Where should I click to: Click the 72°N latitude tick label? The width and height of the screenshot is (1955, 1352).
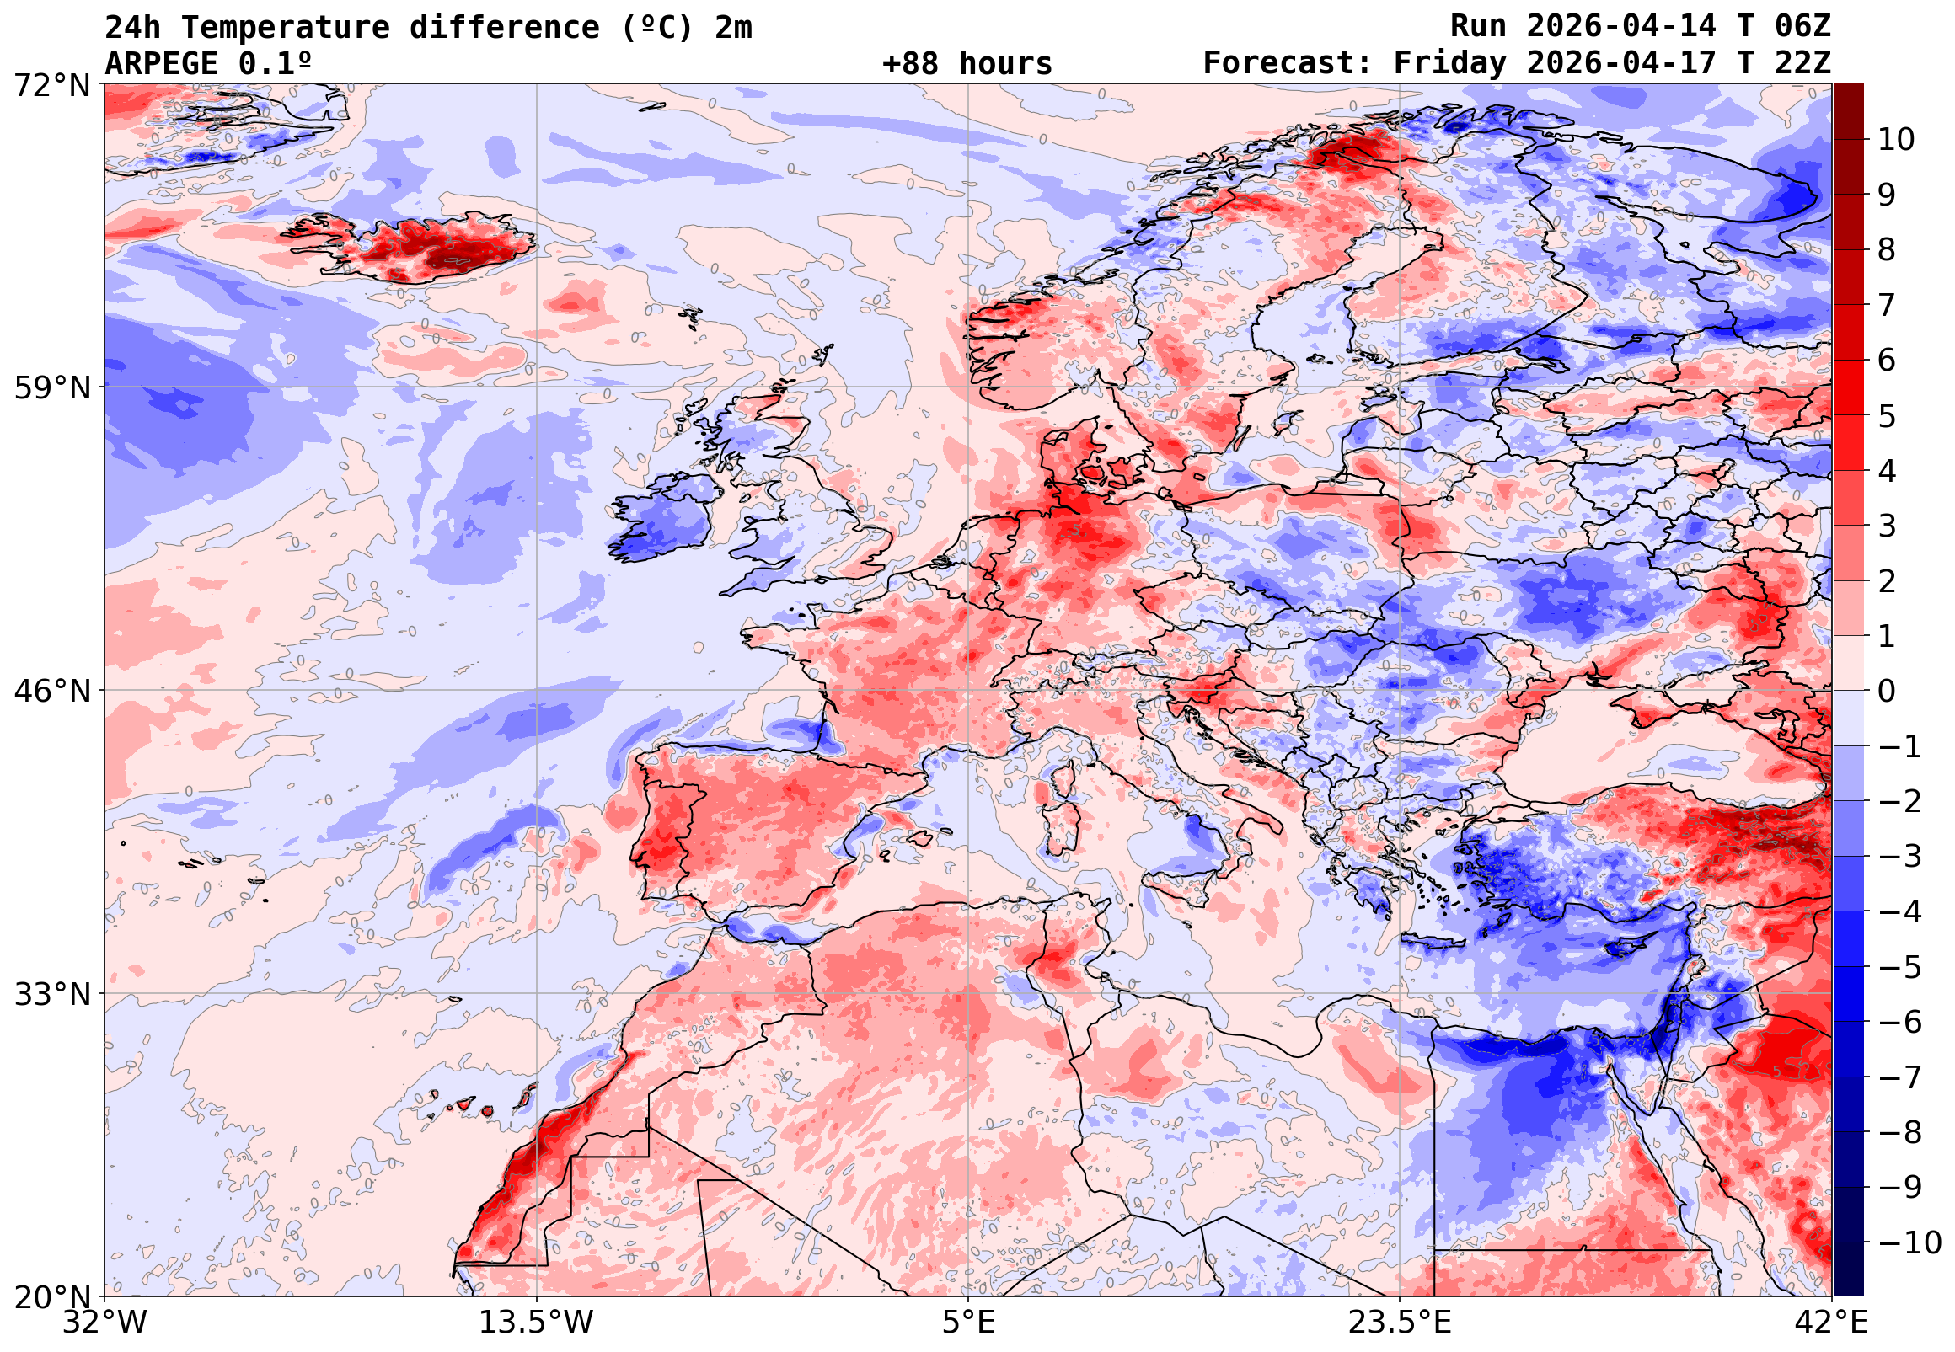point(51,85)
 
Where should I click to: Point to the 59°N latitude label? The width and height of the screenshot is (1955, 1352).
point(51,388)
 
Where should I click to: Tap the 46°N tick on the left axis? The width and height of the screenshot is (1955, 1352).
point(51,692)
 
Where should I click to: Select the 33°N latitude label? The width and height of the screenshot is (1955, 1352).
point(51,994)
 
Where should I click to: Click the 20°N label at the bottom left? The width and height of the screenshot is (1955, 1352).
point(51,1297)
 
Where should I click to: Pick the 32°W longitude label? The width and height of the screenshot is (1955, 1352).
point(104,1322)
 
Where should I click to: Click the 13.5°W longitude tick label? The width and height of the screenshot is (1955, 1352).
point(537,1322)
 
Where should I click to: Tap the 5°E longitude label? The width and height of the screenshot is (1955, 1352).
point(968,1322)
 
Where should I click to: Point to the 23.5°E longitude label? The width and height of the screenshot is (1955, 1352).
point(1399,1322)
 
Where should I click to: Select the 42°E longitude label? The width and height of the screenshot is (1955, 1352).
point(1832,1322)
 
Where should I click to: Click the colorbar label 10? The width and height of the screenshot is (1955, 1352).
point(1897,140)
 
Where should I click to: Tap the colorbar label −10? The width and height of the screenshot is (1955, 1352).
point(1910,1242)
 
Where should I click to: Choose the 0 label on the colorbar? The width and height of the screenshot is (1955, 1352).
point(1887,692)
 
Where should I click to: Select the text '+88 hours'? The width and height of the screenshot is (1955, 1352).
point(967,63)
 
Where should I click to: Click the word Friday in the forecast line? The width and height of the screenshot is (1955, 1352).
point(1450,63)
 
